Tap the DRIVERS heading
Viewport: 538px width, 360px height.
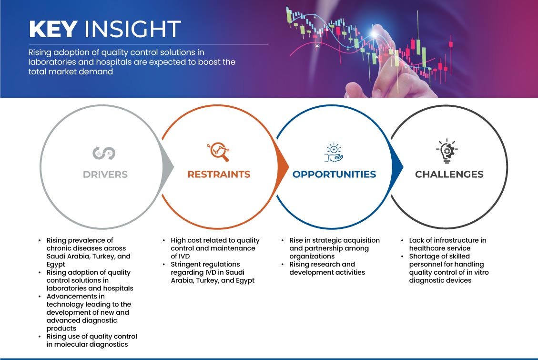pyautogui.click(x=105, y=175)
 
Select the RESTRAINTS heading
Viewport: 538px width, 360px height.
pyautogui.click(x=219, y=175)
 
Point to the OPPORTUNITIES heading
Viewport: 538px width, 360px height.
pyautogui.click(x=334, y=175)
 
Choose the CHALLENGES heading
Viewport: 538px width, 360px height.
pyautogui.click(x=449, y=175)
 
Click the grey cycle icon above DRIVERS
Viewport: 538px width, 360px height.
pyautogui.click(x=104, y=153)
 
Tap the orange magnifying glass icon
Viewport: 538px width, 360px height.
pyautogui.click(x=218, y=152)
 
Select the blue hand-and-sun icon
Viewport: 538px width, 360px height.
pyautogui.click(x=334, y=153)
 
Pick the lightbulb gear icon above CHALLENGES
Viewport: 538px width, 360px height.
pyautogui.click(x=447, y=151)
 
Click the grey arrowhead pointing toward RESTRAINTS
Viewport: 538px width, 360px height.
pyautogui.click(x=168, y=167)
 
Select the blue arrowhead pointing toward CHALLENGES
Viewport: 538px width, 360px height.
pyautogui.click(x=397, y=167)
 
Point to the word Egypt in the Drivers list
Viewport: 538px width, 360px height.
pyautogui.click(x=56, y=264)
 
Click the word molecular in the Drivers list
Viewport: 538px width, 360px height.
pyautogui.click(x=71, y=344)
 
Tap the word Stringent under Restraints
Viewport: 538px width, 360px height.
pyautogui.click(x=188, y=264)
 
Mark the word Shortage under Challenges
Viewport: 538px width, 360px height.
pyautogui.click(x=422, y=257)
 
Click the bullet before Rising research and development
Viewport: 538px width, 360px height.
pyautogui.click(x=283, y=264)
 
